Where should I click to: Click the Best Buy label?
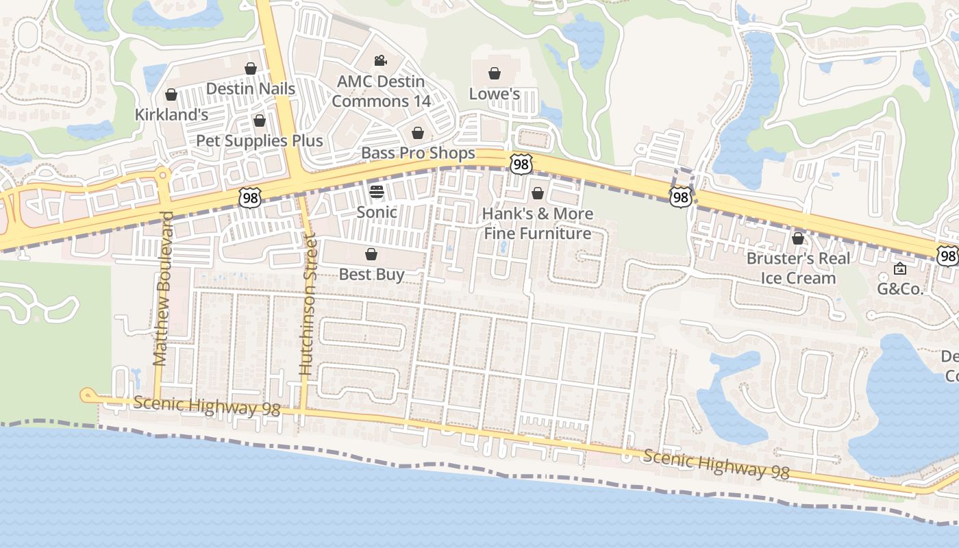pyautogui.click(x=371, y=275)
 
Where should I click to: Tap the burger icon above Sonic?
pyautogui.click(x=377, y=191)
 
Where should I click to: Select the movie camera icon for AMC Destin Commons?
pyautogui.click(x=381, y=60)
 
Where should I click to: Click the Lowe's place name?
pyautogui.click(x=495, y=94)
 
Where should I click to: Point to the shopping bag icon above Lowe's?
pyautogui.click(x=495, y=73)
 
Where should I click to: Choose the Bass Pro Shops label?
pyautogui.click(x=418, y=153)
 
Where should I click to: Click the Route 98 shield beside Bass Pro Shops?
pyautogui.click(x=521, y=164)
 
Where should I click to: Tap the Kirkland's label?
pyautogui.click(x=171, y=114)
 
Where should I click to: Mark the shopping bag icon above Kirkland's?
pyautogui.click(x=171, y=95)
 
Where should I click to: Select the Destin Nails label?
pyautogui.click(x=251, y=88)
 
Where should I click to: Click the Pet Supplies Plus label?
pyautogui.click(x=259, y=141)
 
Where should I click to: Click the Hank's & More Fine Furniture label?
pyautogui.click(x=538, y=223)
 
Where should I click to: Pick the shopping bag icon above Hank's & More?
pyautogui.click(x=538, y=193)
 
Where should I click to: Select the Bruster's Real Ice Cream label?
pyautogui.click(x=798, y=268)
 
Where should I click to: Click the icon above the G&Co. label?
pyautogui.click(x=900, y=269)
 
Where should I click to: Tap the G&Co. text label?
pyautogui.click(x=900, y=289)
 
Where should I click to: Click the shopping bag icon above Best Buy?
pyautogui.click(x=371, y=255)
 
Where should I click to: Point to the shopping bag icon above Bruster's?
pyautogui.click(x=798, y=238)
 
